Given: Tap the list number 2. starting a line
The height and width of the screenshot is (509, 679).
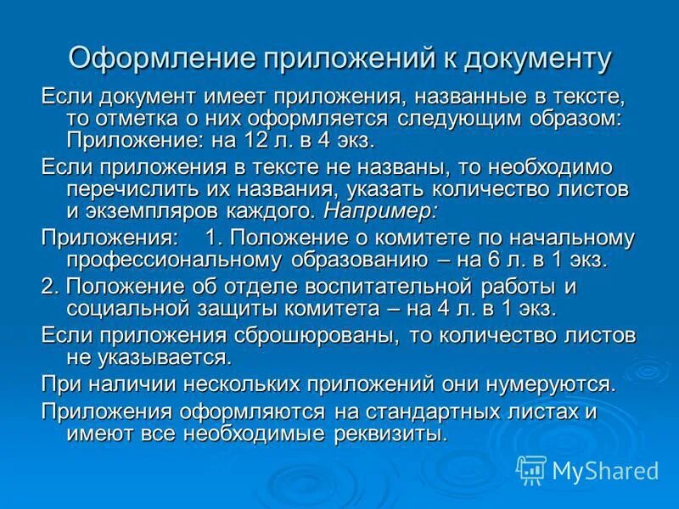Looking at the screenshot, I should (50, 287).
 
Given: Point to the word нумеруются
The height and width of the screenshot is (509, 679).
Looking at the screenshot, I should (545, 383).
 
